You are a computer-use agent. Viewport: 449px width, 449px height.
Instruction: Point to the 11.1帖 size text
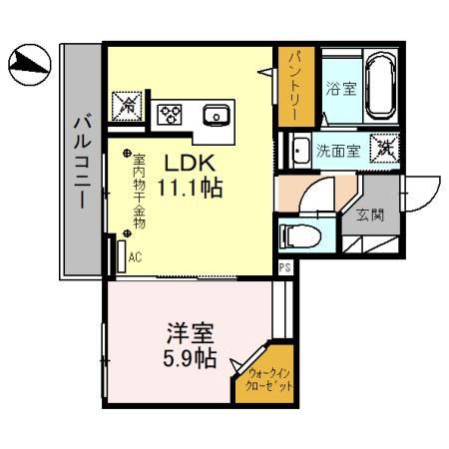(187, 187)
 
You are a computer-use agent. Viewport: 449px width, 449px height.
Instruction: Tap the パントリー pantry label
(294, 86)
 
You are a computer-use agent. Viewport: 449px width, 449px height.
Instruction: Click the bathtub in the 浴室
(380, 87)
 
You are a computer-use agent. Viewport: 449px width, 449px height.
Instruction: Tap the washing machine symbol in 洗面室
(385, 149)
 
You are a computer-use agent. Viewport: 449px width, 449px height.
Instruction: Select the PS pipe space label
(284, 267)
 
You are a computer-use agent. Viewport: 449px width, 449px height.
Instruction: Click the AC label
(135, 257)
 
